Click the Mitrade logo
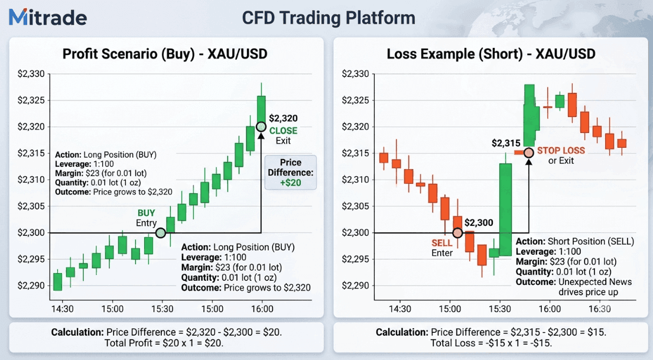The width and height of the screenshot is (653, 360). (48, 17)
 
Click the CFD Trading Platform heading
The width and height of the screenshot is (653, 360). (329, 18)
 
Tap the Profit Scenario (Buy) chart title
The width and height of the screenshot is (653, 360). (165, 54)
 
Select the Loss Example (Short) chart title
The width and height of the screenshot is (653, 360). (491, 54)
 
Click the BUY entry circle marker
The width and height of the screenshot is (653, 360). (161, 233)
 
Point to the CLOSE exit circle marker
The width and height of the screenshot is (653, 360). (261, 127)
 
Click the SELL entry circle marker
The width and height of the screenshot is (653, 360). (457, 233)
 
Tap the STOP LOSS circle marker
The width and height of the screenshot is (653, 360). (528, 153)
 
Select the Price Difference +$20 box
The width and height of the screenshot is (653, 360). (291, 173)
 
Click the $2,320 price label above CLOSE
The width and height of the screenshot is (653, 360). (283, 118)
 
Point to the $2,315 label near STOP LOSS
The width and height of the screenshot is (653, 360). (506, 143)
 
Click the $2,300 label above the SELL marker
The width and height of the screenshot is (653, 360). (479, 222)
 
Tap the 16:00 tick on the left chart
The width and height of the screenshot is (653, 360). (262, 309)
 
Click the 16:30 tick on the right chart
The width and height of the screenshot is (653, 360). (600, 309)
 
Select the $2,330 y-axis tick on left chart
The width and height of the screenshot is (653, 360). (31, 74)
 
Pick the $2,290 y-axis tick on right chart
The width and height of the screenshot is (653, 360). (355, 286)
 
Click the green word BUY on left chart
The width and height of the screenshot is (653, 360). (146, 213)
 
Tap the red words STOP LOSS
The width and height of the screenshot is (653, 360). (561, 150)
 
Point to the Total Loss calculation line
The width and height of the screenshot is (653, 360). (491, 343)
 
